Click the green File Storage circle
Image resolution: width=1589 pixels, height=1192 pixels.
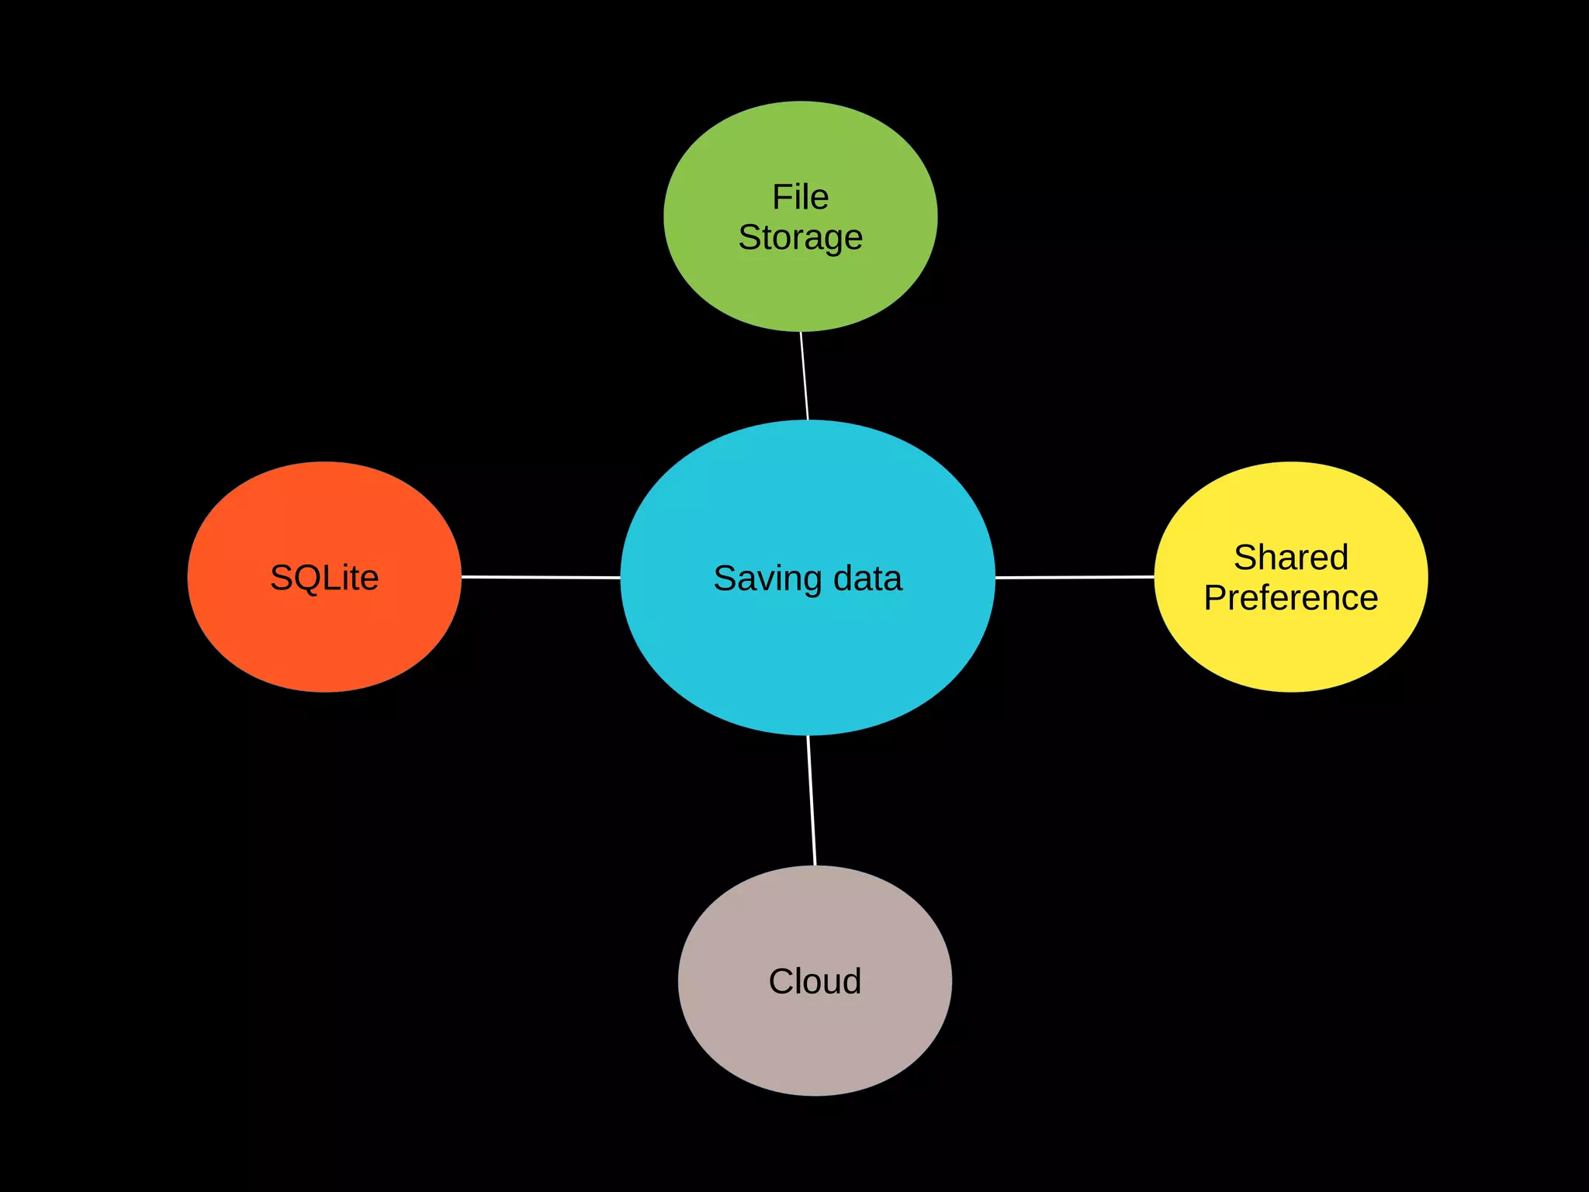pos(800,287)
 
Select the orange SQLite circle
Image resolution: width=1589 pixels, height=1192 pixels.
pos(324,636)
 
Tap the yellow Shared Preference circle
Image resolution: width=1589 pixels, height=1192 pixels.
pos(1291,651)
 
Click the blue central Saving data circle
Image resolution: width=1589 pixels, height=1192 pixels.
pos(807,659)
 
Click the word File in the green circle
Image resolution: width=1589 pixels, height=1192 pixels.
pos(800,197)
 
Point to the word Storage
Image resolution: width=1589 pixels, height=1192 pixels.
pos(800,237)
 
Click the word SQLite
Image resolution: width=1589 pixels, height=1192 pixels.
pos(324,578)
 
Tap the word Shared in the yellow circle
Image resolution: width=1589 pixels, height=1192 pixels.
pos(1291,558)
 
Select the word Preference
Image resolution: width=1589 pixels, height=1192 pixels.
pos(1291,598)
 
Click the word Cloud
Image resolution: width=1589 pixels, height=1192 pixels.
pos(815,981)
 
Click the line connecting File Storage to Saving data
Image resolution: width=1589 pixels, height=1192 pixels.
pos(804,376)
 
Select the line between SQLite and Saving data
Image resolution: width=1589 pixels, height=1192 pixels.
pos(541,577)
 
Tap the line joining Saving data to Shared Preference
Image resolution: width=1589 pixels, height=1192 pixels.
pos(1075,577)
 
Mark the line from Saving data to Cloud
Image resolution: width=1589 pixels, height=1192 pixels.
pos(812,800)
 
